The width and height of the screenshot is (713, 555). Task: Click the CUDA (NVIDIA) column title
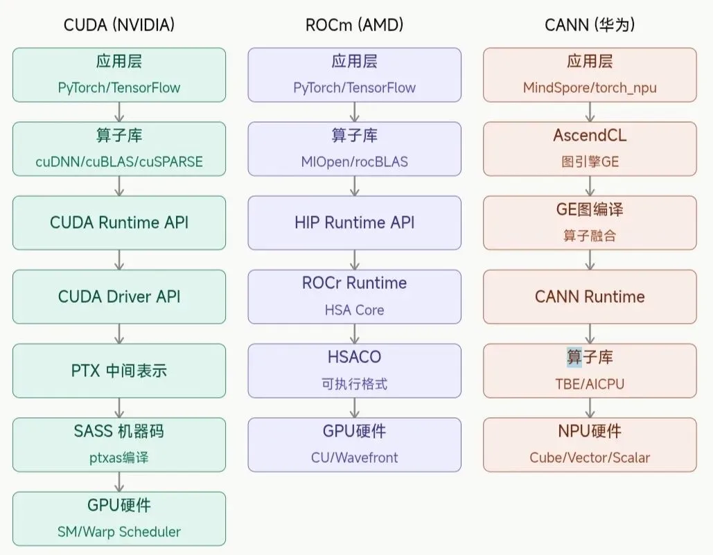[x=119, y=25]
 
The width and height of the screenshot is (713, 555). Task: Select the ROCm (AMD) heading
[x=354, y=25]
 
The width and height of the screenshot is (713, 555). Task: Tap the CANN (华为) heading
[x=590, y=25]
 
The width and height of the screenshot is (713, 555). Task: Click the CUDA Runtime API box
[x=119, y=222]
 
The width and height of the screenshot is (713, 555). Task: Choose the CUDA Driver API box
[x=119, y=297]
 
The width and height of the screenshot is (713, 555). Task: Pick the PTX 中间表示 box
[x=119, y=371]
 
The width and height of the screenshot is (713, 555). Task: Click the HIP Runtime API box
[x=354, y=222]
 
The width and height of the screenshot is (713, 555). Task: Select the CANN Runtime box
[x=590, y=297]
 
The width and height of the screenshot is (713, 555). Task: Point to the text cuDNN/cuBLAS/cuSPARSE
[x=119, y=162]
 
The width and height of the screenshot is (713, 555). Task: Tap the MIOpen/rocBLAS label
[x=354, y=162]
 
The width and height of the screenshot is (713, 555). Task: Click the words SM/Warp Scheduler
[x=119, y=532]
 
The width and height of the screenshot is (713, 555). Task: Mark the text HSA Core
[x=354, y=310]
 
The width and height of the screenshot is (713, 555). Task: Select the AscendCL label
[x=590, y=135]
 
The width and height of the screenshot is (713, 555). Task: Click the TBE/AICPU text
[x=590, y=384]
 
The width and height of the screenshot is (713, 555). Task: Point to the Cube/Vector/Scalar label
[x=590, y=458]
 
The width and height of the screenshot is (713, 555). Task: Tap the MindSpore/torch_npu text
[x=590, y=88]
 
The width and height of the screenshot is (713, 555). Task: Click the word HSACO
[x=354, y=357]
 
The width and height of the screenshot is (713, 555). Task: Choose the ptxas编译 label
[x=119, y=458]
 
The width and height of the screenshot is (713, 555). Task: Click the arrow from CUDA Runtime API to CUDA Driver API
[x=119, y=260]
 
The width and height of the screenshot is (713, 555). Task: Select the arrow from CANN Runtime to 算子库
[x=590, y=334]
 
